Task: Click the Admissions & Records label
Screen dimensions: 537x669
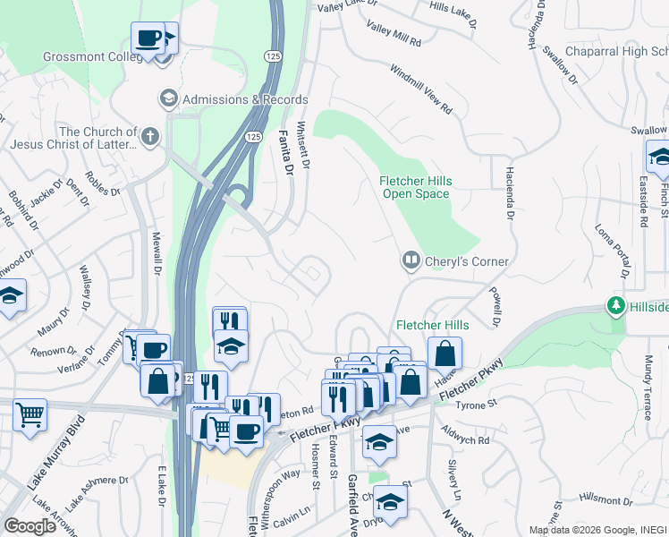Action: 244,99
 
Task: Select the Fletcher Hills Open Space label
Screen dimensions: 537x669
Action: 417,186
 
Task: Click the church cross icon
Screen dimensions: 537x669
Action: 150,138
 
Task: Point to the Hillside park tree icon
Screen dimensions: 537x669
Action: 615,306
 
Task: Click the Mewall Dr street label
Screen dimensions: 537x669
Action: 155,253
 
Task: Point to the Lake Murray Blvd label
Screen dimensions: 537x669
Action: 47,464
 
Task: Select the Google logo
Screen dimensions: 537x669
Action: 30,526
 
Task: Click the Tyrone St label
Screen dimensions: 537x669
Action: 478,405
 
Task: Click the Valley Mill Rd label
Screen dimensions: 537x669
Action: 394,37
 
